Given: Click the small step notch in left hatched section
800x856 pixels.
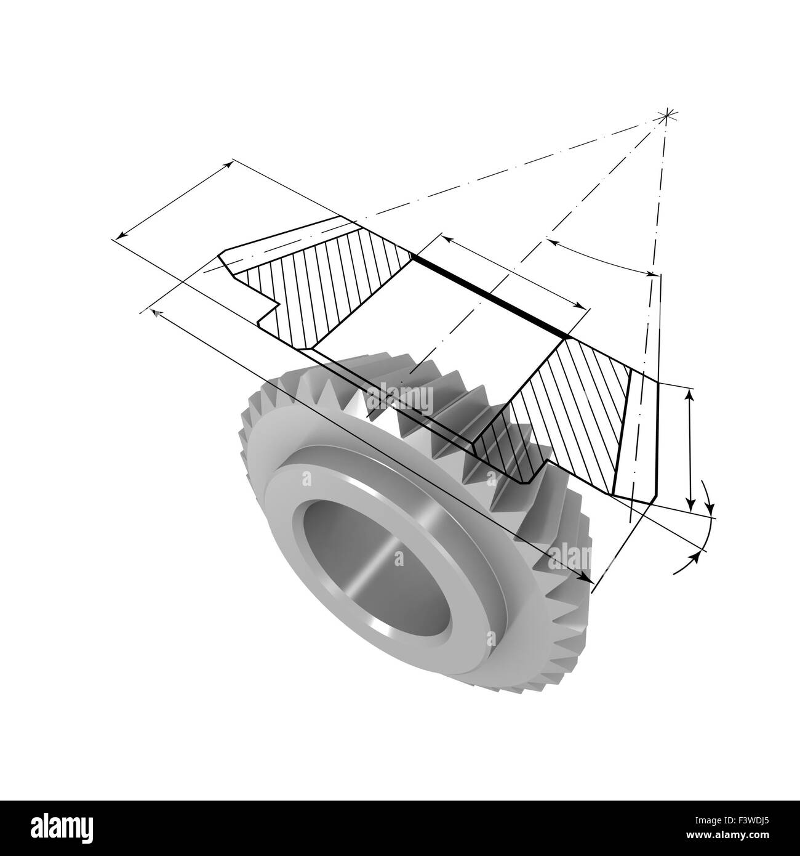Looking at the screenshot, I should pyautogui.click(x=271, y=306).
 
